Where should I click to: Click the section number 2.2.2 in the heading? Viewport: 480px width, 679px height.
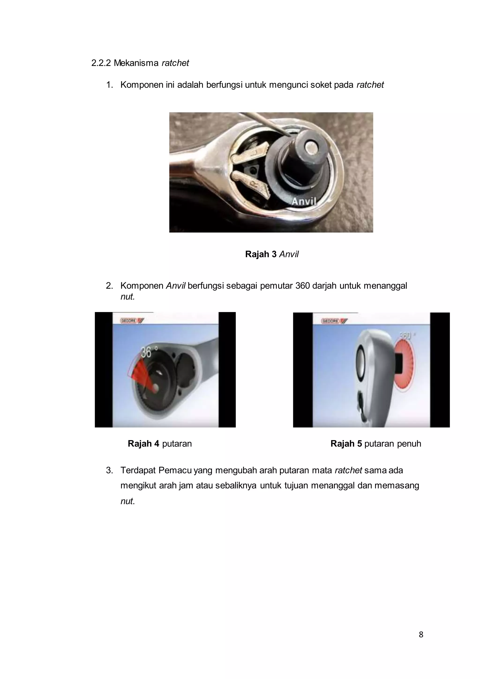[x=101, y=63]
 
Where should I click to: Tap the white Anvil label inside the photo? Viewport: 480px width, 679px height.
[x=304, y=201]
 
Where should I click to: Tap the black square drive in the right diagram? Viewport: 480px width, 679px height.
[x=398, y=363]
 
